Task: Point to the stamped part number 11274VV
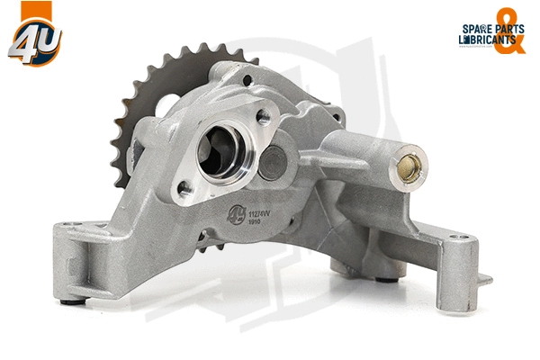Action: click(x=260, y=213)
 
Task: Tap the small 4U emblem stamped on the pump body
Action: click(x=236, y=216)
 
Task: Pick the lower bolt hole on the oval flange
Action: click(x=185, y=188)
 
